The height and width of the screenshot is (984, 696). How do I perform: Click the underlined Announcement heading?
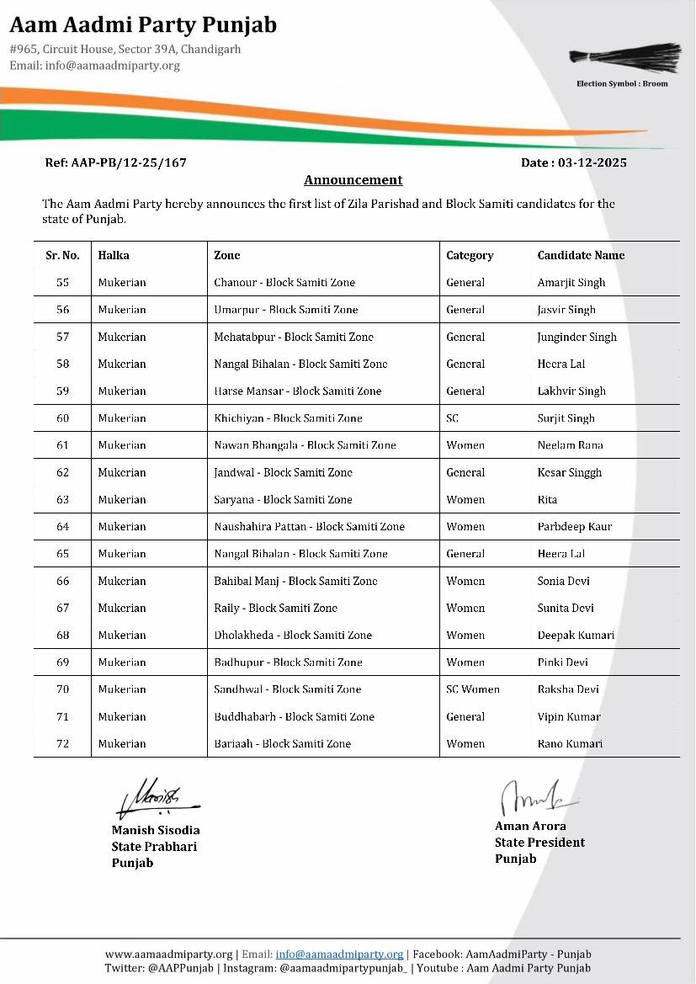[353, 180]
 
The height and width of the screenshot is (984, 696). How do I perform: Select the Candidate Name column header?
[581, 255]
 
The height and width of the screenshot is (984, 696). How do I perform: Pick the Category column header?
[470, 255]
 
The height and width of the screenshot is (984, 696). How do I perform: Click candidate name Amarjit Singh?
[571, 283]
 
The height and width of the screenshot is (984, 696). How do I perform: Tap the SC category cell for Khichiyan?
[453, 418]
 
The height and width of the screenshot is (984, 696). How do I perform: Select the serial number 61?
[62, 445]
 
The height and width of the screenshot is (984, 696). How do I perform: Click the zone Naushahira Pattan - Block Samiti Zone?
[309, 527]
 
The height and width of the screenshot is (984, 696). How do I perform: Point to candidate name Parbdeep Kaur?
[574, 527]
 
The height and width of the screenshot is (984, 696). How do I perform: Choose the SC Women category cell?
[472, 689]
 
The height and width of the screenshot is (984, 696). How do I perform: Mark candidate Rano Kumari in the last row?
[570, 744]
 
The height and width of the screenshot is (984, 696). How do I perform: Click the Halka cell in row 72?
[121, 744]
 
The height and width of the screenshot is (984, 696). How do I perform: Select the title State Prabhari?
[154, 847]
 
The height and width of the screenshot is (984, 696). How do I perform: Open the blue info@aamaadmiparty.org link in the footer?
[339, 955]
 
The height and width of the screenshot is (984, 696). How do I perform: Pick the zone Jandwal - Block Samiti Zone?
[283, 473]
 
